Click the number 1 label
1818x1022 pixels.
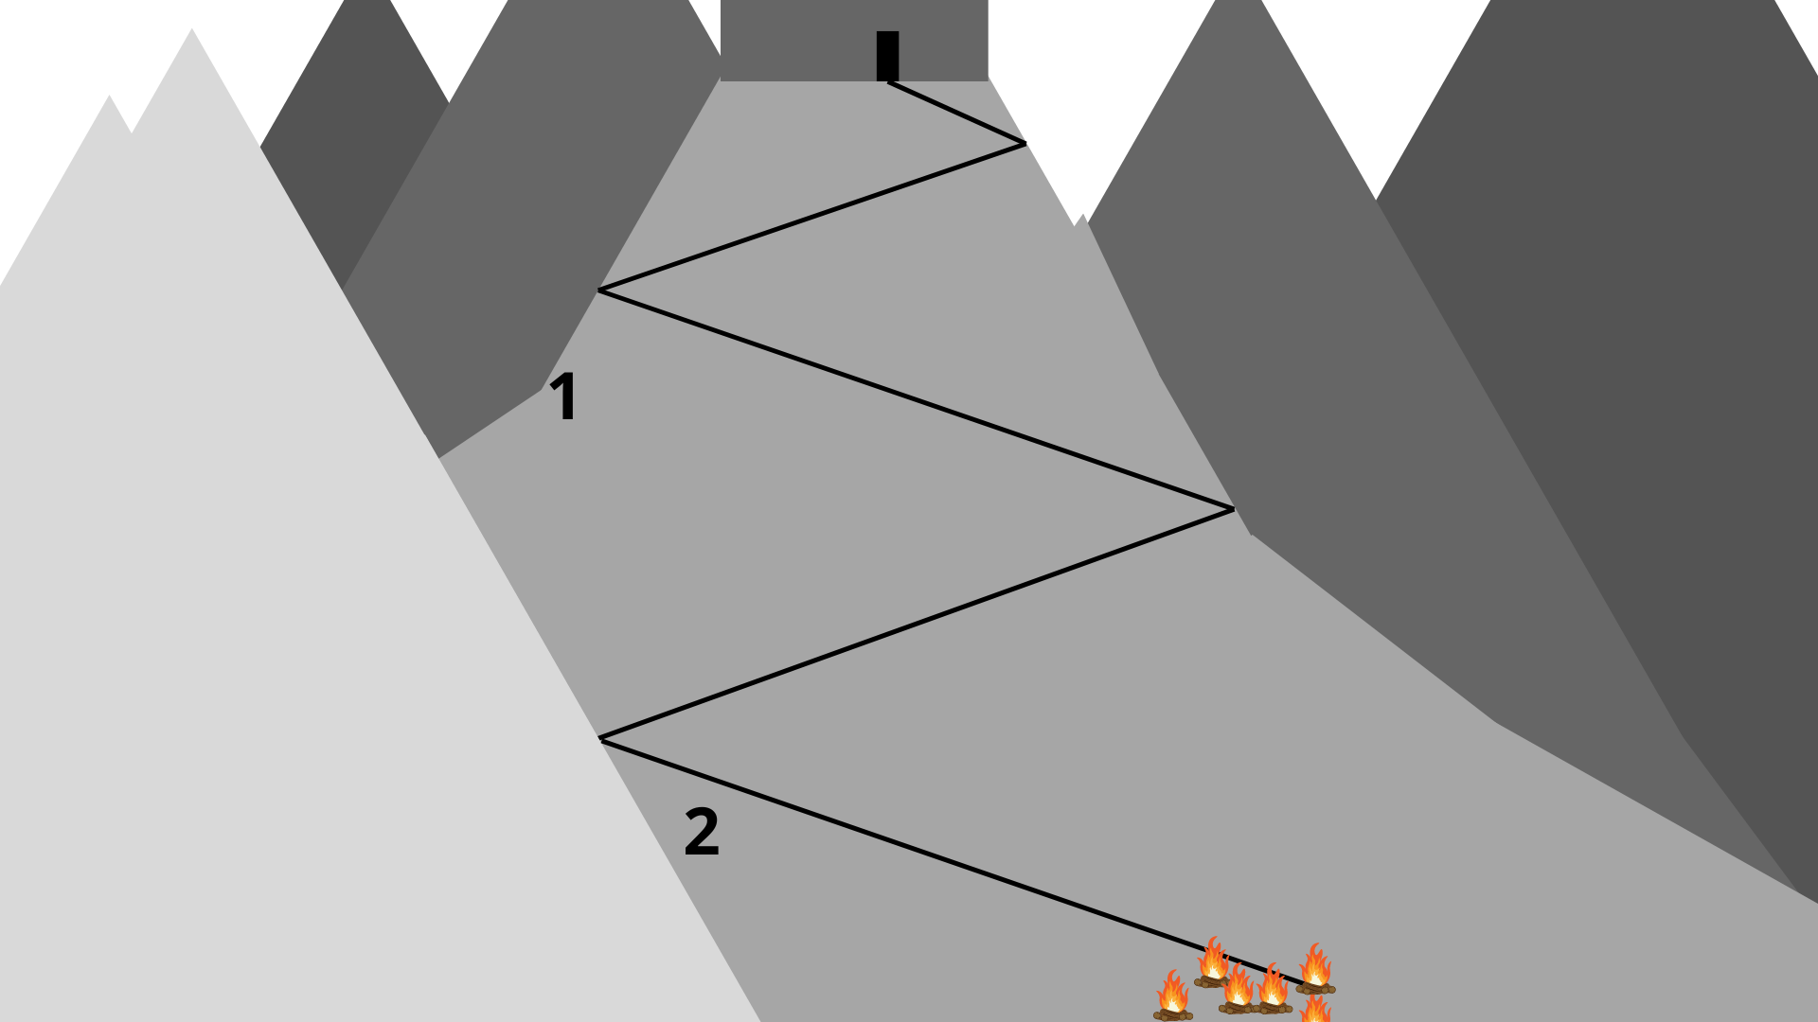tap(565, 396)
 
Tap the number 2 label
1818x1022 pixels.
tap(702, 832)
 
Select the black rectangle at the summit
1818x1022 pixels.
tap(887, 56)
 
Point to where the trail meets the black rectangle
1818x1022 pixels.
tap(888, 82)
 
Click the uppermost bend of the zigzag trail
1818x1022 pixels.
tap(1025, 144)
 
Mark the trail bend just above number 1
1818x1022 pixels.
tap(599, 290)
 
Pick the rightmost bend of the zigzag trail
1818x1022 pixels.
tap(1233, 509)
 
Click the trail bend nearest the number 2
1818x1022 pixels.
tap(601, 738)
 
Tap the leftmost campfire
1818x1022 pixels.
tap(1173, 996)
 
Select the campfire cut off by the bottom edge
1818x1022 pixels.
tap(1315, 1009)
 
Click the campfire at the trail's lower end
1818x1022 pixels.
tap(1315, 968)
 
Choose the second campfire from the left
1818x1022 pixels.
tap(1213, 961)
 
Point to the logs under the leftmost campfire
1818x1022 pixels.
tap(1173, 1015)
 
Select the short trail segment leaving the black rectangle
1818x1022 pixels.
tap(956, 114)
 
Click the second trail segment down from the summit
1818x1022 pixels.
tap(811, 217)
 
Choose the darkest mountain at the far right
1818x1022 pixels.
tap(1657, 284)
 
